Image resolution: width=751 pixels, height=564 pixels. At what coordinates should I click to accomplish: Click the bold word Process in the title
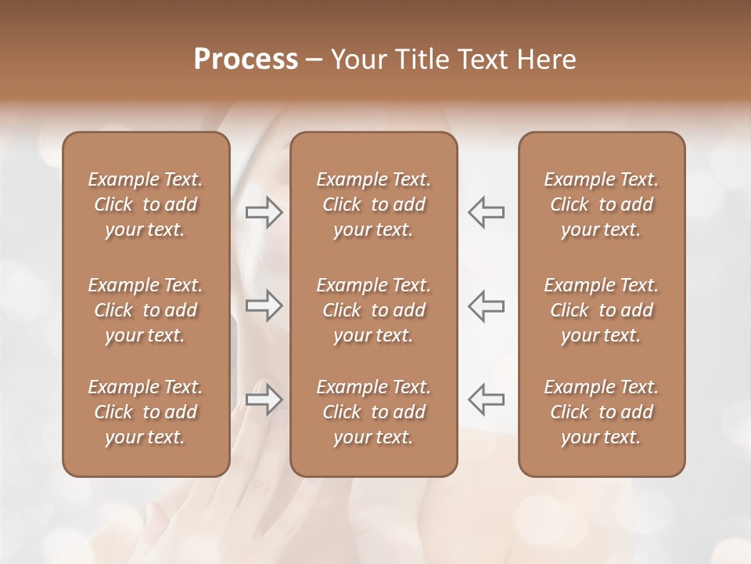tap(246, 60)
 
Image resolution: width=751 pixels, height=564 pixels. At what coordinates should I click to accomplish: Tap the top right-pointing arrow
tap(264, 212)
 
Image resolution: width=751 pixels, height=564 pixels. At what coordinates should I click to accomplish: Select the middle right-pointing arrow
tap(264, 305)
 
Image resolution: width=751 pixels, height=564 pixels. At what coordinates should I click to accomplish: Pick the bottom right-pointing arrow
tap(264, 399)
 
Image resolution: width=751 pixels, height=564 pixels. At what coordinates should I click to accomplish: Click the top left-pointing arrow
tap(486, 212)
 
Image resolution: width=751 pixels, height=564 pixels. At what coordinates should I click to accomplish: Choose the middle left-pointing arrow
tap(486, 305)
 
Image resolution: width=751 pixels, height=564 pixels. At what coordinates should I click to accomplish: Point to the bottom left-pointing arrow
tap(486, 399)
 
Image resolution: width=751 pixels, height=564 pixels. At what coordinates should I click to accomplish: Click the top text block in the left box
tap(146, 204)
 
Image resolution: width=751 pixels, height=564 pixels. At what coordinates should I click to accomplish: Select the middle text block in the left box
tap(146, 310)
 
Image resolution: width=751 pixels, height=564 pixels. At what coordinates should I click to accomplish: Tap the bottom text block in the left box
tap(146, 412)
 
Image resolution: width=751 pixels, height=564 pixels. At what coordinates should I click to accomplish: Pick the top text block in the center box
tap(374, 204)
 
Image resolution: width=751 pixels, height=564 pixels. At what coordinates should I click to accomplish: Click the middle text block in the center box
tap(374, 310)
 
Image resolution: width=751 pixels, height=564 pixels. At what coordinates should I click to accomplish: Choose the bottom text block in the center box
tap(374, 412)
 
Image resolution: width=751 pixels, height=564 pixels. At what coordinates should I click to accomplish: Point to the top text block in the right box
tap(602, 204)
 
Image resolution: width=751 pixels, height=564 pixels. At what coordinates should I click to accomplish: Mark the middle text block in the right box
tap(602, 310)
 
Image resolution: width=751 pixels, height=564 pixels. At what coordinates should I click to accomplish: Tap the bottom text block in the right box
tap(602, 412)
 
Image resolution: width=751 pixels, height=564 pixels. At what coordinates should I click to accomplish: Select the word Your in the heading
tap(357, 60)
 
